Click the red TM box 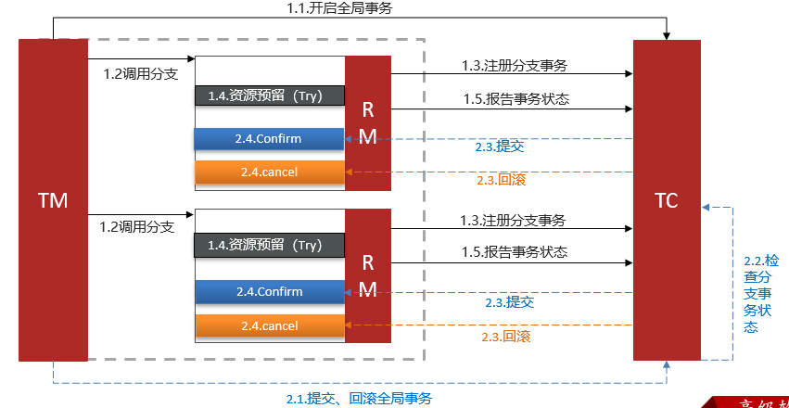tap(53, 199)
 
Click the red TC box tap(667, 199)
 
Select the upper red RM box tap(368, 122)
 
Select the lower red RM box tap(368, 275)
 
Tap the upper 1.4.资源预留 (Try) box tap(269, 96)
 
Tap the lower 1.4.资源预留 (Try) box tap(269, 245)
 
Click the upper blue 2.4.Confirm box tap(269, 139)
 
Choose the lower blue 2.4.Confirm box tap(269, 291)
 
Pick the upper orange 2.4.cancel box tap(269, 172)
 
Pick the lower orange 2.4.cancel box tap(269, 325)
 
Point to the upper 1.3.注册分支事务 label tap(515, 66)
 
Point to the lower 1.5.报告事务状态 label tap(515, 251)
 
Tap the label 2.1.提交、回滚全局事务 tap(358, 399)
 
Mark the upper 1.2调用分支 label tap(140, 74)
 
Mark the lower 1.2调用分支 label tap(136, 226)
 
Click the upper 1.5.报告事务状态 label tap(515, 98)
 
